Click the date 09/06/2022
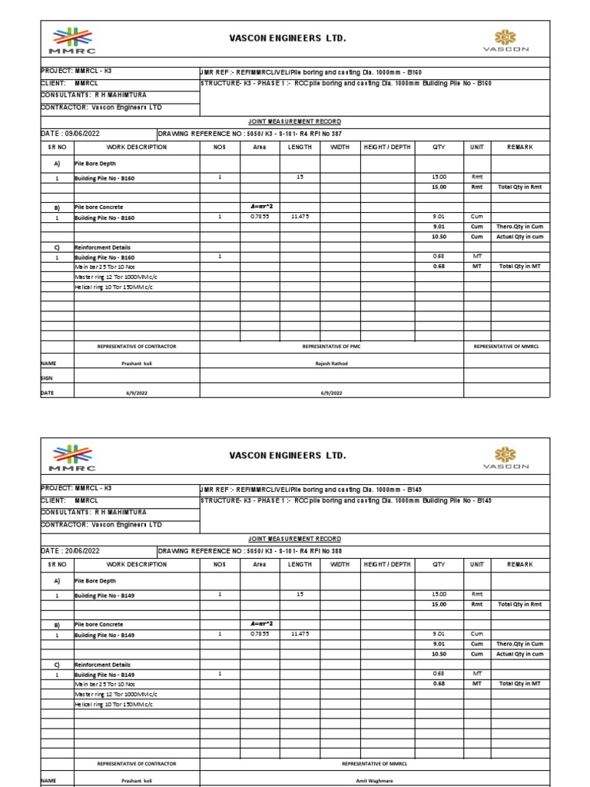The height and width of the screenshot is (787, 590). tap(70, 133)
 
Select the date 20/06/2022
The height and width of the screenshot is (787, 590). tap(70, 551)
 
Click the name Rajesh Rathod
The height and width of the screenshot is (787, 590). tap(332, 363)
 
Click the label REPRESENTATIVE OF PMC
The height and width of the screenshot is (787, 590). tap(332, 347)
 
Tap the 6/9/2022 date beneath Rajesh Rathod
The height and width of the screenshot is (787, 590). tap(332, 391)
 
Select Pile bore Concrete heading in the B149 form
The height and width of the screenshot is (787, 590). tap(98, 625)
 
